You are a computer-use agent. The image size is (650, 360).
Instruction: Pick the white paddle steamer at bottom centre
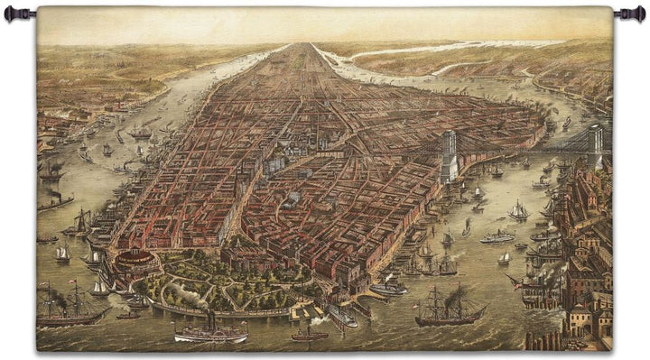pyautogui.click(x=210, y=334)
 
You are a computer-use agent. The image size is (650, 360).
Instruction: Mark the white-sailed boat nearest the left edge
pyautogui.click(x=61, y=254)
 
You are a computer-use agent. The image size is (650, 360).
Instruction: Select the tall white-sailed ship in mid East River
pyautogui.click(x=518, y=211)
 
